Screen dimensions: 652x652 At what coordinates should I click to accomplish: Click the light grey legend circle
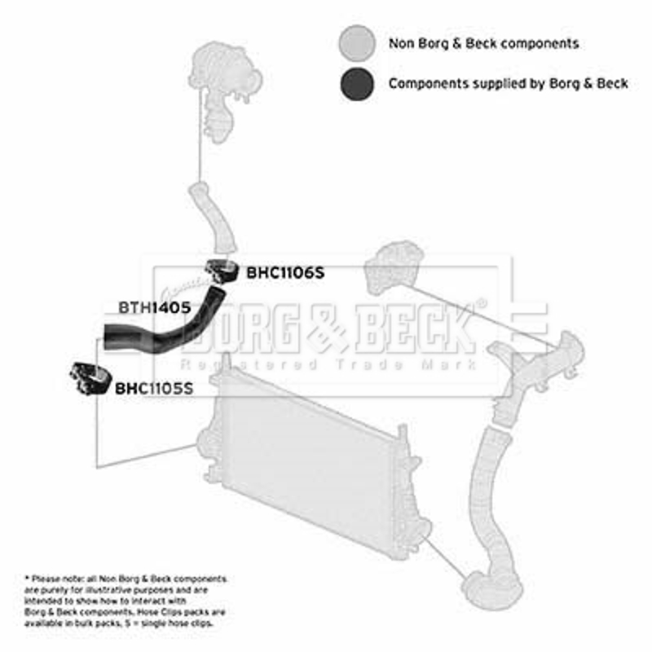tap(357, 42)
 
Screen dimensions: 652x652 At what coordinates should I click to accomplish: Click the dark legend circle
tap(357, 83)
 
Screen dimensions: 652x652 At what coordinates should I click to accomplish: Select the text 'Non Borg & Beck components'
tap(483, 43)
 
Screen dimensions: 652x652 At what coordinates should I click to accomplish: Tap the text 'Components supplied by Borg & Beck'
tap(508, 83)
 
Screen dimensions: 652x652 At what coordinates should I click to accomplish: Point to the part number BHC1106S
tap(285, 273)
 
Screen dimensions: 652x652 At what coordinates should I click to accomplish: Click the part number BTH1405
tap(155, 307)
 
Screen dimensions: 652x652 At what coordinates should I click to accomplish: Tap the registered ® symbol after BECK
tap(482, 303)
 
